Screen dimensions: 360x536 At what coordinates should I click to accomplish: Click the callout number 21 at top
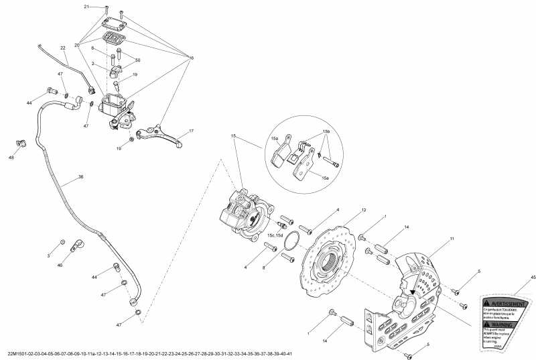[x=86, y=7]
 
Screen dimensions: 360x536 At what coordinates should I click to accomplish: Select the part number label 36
[x=81, y=177]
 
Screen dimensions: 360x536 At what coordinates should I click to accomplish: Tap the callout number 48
[x=11, y=158]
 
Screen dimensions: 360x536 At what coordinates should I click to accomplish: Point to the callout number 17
[x=190, y=131]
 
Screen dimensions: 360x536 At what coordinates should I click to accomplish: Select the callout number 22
[x=62, y=48]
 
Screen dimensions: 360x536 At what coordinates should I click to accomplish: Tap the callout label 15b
[x=326, y=132]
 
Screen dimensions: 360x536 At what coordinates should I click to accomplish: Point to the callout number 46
[x=60, y=266]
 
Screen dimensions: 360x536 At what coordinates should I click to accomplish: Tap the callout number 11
[x=452, y=239]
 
